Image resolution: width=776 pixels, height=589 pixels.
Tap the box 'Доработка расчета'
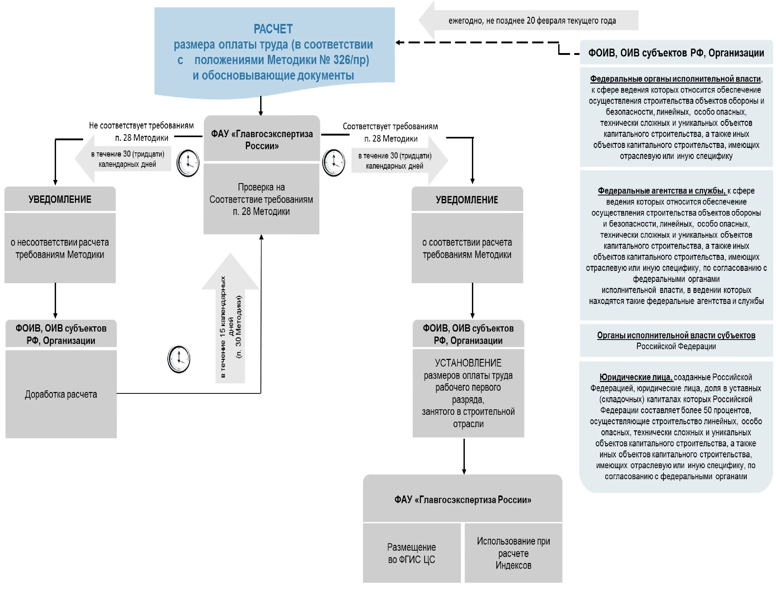(x=61, y=394)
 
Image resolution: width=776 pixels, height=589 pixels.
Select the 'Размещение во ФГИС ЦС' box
(x=411, y=553)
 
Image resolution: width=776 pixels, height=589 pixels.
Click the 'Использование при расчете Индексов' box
(x=513, y=553)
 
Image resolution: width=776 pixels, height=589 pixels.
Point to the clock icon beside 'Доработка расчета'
(x=179, y=359)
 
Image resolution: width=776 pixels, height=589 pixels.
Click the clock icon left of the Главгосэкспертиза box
(x=188, y=163)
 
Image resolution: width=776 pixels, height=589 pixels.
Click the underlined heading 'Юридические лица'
(x=636, y=377)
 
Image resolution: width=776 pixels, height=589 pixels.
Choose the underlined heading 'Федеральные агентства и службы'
(x=661, y=191)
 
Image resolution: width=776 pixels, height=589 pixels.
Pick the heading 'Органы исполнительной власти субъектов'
(x=676, y=335)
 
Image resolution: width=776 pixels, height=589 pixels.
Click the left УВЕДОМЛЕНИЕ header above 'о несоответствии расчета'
(x=60, y=199)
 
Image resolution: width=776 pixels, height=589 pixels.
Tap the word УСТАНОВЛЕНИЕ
(x=468, y=363)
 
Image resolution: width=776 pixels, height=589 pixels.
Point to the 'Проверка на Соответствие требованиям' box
(x=261, y=199)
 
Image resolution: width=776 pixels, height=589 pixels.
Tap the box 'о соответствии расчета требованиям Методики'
(x=467, y=248)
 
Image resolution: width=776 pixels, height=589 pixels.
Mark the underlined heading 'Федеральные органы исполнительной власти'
(x=675, y=79)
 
